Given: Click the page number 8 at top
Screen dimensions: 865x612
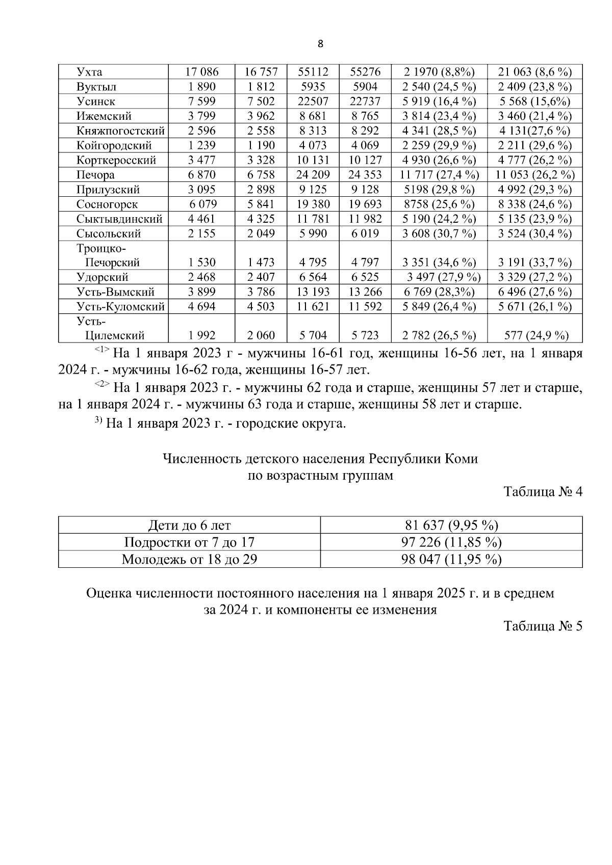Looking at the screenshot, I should pos(320,44).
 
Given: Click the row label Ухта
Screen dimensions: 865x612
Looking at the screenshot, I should pos(89,72).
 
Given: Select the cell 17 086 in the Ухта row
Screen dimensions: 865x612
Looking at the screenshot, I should pos(201,72).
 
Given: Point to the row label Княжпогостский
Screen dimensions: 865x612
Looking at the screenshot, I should pos(120,130).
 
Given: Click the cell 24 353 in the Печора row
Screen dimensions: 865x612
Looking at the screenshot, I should pos(365,175).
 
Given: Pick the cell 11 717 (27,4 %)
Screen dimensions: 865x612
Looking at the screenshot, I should pos(439,175).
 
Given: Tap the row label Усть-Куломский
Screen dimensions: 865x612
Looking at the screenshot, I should pos(120,307).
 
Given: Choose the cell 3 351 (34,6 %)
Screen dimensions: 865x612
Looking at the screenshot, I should pos(439,263).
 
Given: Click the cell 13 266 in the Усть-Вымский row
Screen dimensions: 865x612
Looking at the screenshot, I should pos(365,292).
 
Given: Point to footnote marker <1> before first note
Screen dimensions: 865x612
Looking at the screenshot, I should pos(102,350).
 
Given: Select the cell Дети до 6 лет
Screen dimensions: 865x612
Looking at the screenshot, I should pos(189,526).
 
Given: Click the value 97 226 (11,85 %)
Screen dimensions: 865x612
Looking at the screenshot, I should pos(451,542).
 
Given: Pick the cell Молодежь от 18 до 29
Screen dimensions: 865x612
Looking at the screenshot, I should pos(189,560).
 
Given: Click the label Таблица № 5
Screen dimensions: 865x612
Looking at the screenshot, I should pos(542,626).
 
